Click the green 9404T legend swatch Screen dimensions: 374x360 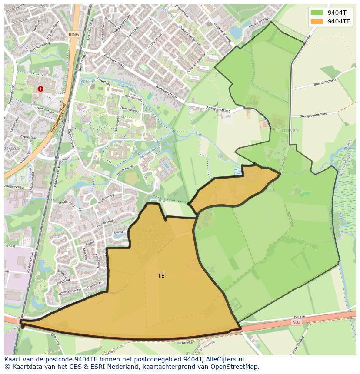pos(317,13)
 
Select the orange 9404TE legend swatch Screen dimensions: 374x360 pos(317,21)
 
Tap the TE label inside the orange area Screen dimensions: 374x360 pos(161,276)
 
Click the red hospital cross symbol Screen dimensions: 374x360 pos(40,89)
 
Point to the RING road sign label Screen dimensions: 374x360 pos(74,34)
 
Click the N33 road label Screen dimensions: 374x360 pos(297,322)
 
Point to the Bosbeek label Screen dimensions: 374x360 pos(87,80)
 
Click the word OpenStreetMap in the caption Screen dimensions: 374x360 pos(238,367)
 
